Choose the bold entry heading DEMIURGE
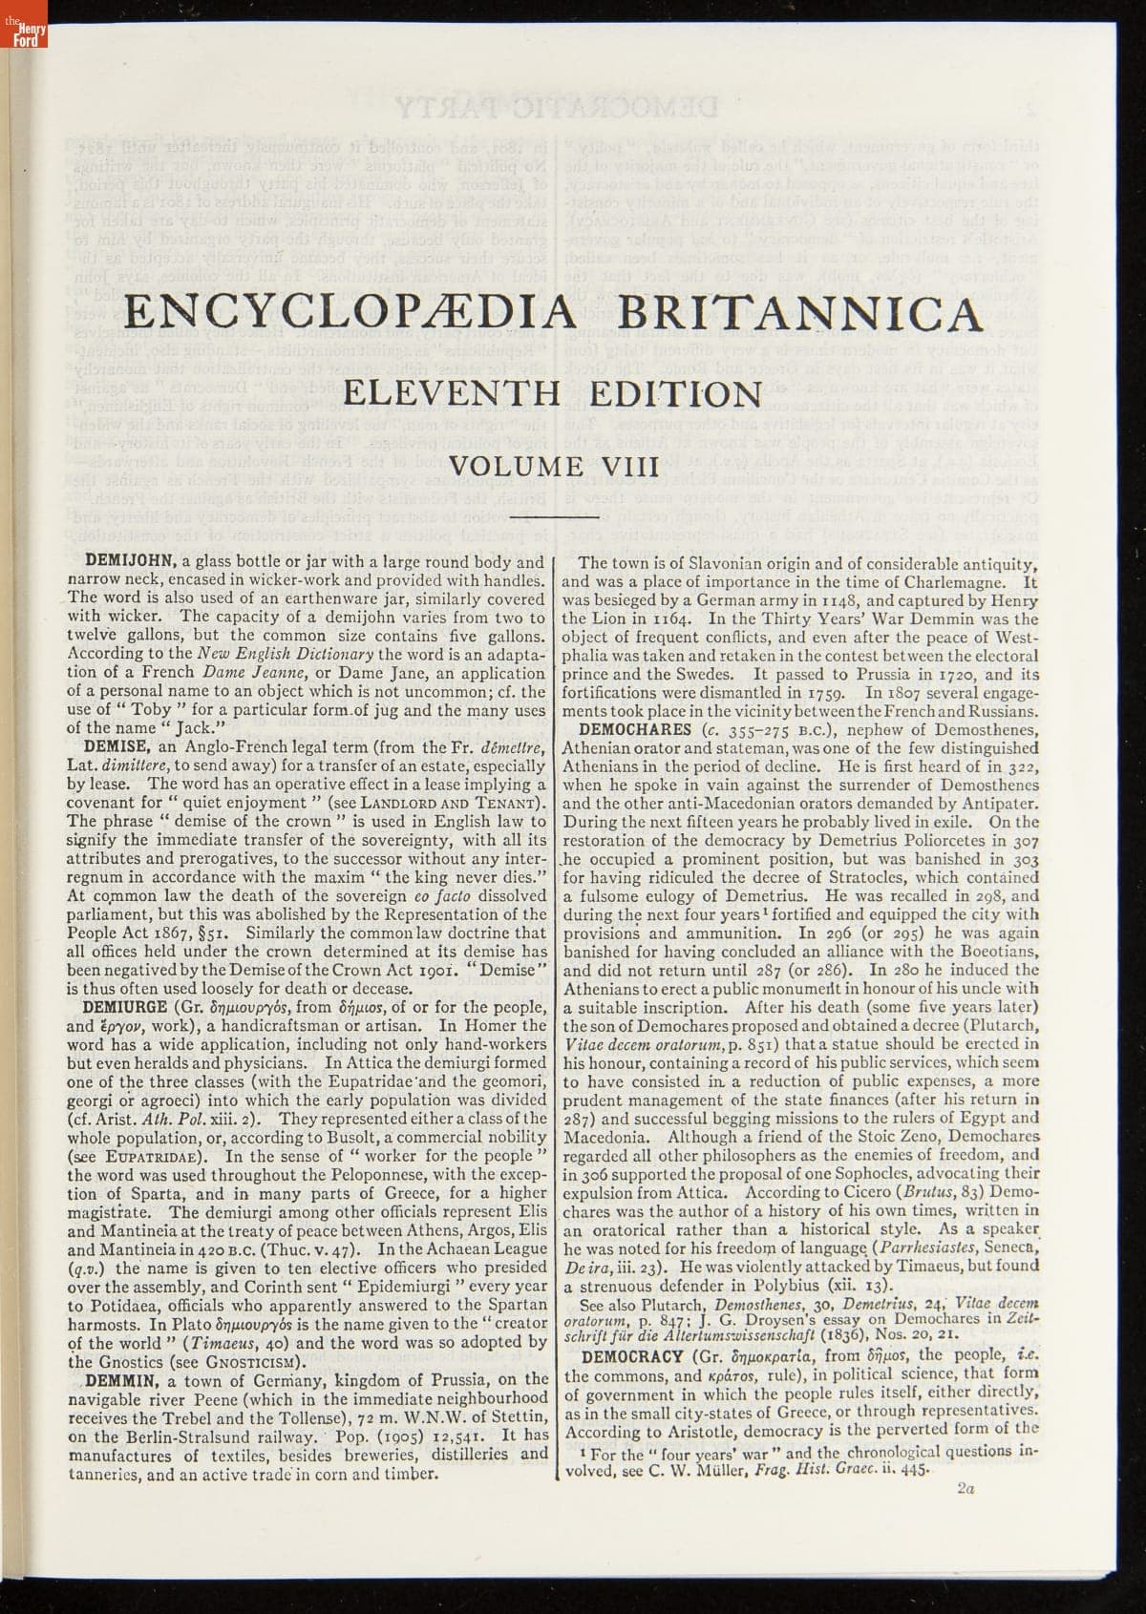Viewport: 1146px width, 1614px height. point(130,1006)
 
